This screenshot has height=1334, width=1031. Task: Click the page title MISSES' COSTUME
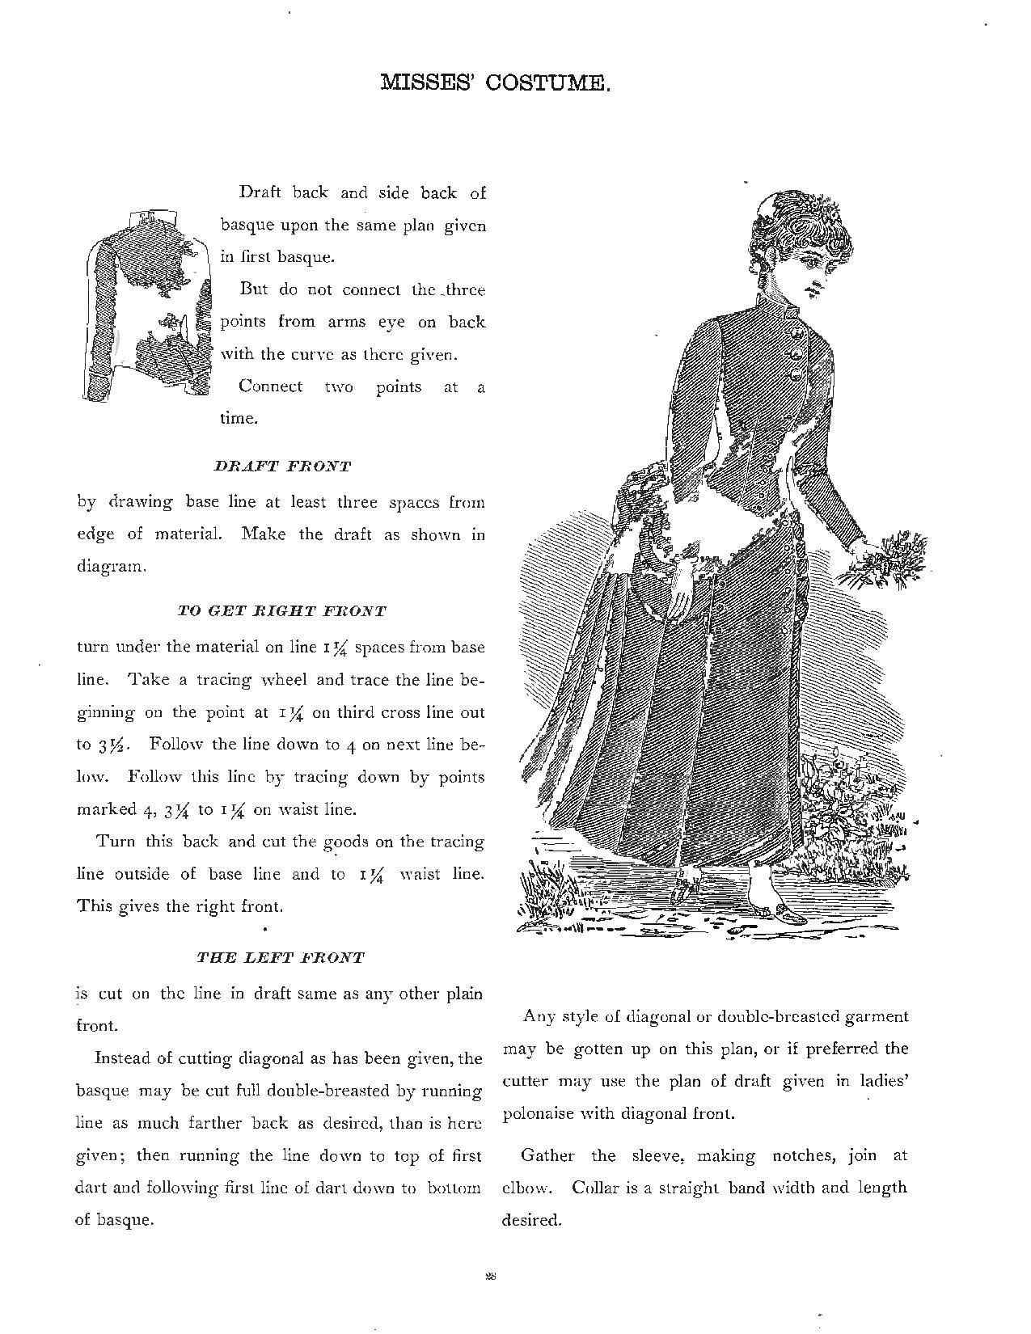tap(495, 82)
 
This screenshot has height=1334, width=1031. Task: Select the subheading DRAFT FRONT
tap(282, 466)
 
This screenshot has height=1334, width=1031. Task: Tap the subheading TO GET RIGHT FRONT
tap(281, 611)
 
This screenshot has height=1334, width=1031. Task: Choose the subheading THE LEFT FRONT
tap(281, 958)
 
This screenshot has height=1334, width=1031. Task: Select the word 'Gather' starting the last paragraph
tap(547, 1155)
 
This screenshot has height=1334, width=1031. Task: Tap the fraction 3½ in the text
tap(116, 745)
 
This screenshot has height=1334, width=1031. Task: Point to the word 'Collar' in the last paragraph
tap(598, 1188)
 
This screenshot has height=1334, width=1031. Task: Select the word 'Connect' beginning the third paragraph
tap(271, 386)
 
